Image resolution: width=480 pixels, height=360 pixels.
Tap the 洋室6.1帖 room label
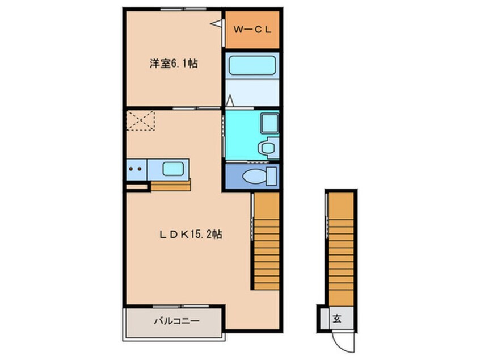(x=174, y=64)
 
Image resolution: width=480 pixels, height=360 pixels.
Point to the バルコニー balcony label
(x=176, y=321)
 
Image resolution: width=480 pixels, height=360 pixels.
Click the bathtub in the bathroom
(x=252, y=66)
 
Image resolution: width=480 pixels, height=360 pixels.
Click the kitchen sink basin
(x=172, y=169)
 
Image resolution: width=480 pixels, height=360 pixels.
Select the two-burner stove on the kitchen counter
(x=136, y=169)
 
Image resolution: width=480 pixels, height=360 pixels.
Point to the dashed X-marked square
(x=140, y=120)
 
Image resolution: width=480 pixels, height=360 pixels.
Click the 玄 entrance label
(x=337, y=319)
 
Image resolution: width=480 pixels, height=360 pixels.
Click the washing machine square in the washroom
(x=267, y=122)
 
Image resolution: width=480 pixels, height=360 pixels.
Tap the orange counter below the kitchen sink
(x=170, y=185)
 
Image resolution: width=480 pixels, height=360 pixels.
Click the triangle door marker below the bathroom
(x=230, y=102)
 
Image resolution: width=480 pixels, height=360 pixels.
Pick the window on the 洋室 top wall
(x=174, y=9)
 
